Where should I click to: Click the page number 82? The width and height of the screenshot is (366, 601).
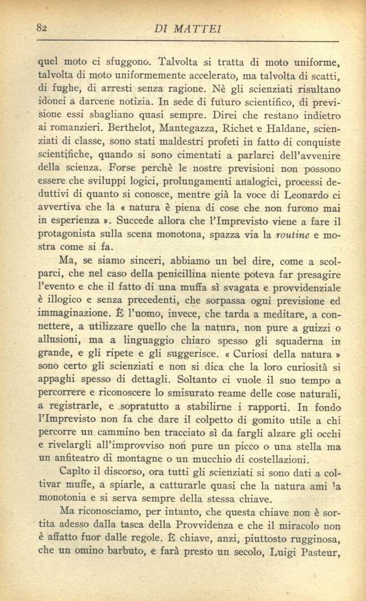pyautogui.click(x=41, y=28)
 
